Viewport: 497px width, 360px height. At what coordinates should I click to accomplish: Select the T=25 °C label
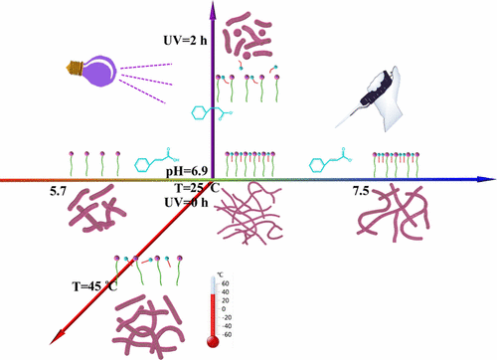point(191,187)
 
